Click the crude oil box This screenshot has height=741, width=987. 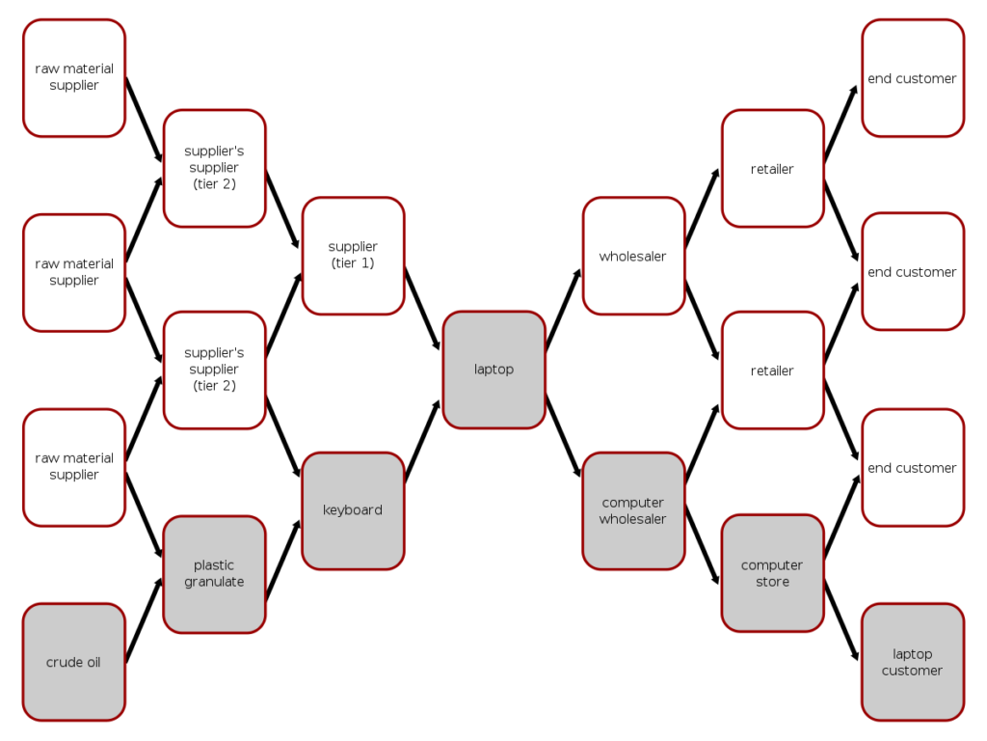(74, 662)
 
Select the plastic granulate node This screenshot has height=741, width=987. (215, 574)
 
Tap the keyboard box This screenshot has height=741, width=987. (353, 510)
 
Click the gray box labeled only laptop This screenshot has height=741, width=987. (494, 370)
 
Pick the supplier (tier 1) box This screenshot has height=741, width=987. (353, 256)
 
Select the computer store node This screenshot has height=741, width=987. (773, 573)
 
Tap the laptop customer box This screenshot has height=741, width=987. (913, 662)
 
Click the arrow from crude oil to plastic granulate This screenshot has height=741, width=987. (145, 620)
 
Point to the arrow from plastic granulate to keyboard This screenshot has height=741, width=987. (282, 561)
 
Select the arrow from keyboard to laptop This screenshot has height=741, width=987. (423, 440)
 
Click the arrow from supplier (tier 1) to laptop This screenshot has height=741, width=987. (422, 310)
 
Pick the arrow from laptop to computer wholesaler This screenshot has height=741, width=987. (563, 436)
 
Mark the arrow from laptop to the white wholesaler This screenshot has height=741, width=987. (563, 310)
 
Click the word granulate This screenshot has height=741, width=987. (215, 582)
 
